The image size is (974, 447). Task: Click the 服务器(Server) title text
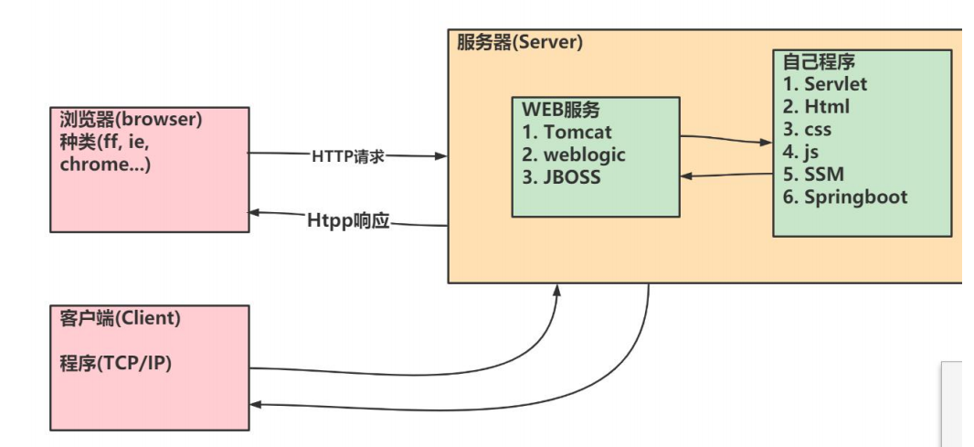pos(519,42)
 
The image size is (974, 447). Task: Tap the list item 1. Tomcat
pos(569,133)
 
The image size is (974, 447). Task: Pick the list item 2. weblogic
pos(574,154)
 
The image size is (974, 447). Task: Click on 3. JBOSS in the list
pos(562,177)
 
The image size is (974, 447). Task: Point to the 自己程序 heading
pos(819,62)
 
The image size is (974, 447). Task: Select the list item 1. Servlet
pos(825,84)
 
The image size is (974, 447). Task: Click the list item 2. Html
pos(816,107)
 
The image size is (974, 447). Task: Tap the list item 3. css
pos(809,129)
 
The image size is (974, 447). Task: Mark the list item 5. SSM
pos(812,175)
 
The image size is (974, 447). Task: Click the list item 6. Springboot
pos(845,197)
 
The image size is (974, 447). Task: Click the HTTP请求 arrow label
pos(348,156)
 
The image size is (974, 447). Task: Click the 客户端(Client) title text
pos(114,319)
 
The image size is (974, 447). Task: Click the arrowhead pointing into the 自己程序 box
pos(767,143)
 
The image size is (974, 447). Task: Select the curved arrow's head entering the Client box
pos(256,404)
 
